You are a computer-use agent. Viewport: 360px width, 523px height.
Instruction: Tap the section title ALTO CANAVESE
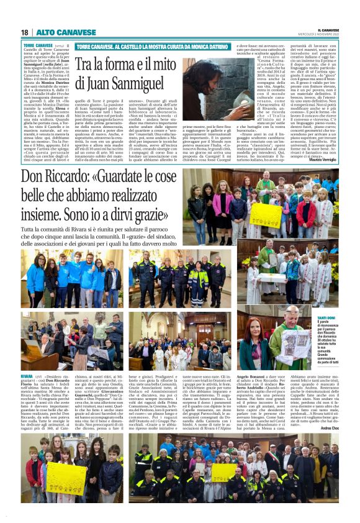point(58,32)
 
